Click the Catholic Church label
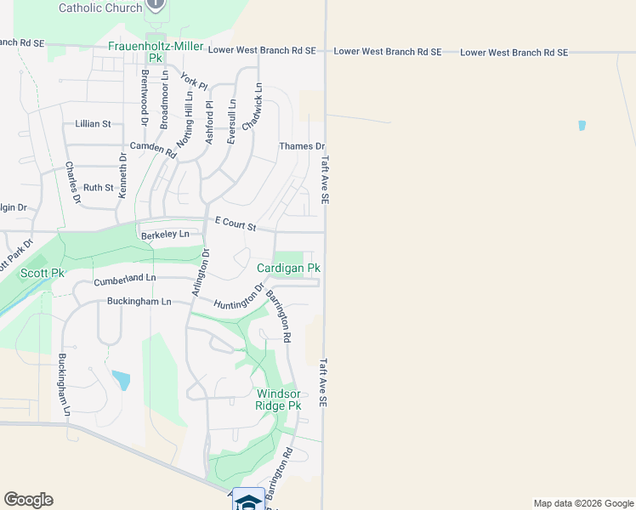100,8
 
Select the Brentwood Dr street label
145,87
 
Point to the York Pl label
195,81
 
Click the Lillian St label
93,123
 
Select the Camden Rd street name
153,150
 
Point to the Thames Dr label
302,146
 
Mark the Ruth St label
98,187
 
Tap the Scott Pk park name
43,273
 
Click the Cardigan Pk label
289,268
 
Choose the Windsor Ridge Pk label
279,399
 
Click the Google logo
28,500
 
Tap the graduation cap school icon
248,501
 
